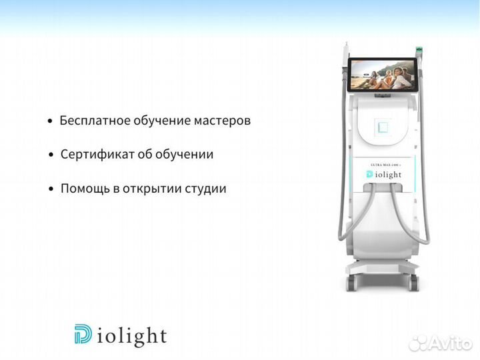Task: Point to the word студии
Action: coord(207,189)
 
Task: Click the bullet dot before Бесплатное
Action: coord(50,122)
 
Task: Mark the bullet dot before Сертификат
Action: coord(51,155)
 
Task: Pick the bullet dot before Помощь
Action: coord(51,189)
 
